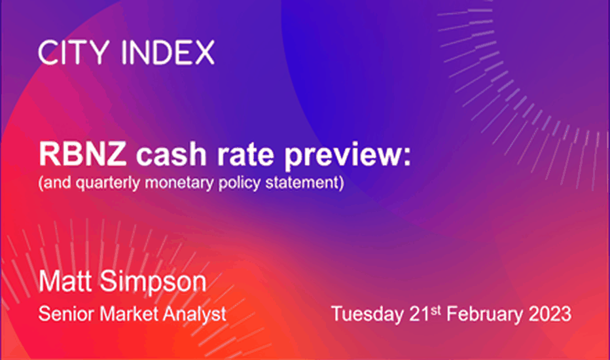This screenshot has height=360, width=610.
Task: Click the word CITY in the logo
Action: [x=73, y=52]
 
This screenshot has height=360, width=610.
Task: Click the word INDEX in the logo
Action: [x=168, y=52]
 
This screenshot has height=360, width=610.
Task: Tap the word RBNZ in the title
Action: [x=83, y=154]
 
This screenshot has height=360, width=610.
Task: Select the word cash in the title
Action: [x=171, y=154]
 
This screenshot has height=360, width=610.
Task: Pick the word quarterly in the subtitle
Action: [x=108, y=183]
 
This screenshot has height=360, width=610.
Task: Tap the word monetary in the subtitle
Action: [x=179, y=183]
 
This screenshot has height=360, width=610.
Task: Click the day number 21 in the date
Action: [x=420, y=314]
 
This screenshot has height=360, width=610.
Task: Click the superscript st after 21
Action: [x=436, y=310]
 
